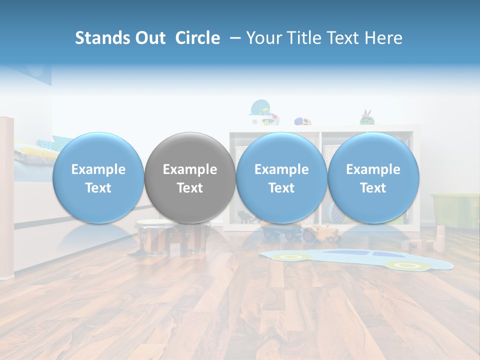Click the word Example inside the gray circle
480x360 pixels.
point(190,169)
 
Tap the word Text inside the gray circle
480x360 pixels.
point(190,188)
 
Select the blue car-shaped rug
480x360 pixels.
point(355,259)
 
